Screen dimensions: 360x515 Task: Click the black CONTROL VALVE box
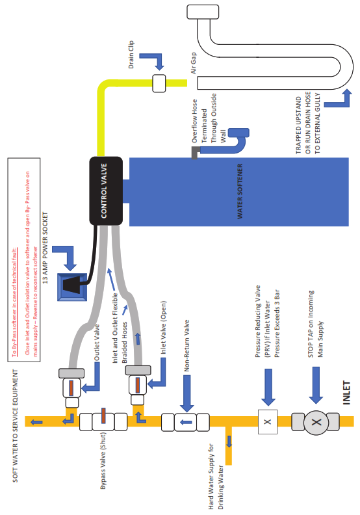106,191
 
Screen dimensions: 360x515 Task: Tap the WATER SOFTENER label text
240,191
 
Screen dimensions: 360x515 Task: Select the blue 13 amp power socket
72,287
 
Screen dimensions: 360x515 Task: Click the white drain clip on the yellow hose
159,83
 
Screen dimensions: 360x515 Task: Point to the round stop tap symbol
316,422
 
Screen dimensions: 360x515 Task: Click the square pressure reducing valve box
268,422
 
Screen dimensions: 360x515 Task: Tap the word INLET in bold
346,393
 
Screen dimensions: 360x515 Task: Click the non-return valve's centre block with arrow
185,422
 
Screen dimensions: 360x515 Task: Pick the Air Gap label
193,62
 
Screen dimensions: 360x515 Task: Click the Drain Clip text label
131,55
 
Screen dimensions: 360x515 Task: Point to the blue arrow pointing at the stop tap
316,385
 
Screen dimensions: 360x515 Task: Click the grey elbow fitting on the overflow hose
195,153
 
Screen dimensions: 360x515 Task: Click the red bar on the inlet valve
138,385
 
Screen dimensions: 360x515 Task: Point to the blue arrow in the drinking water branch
229,441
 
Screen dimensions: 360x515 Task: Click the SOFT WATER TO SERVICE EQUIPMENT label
15,426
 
